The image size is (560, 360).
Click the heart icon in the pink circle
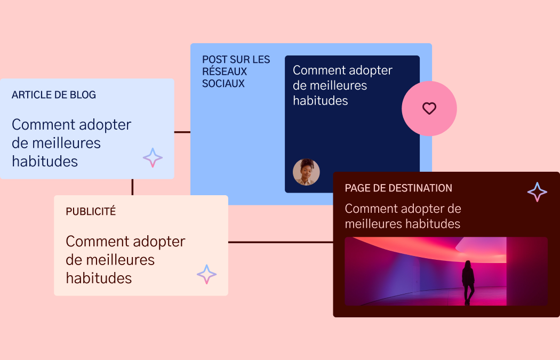[x=429, y=108]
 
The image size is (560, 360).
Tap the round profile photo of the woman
[x=306, y=172]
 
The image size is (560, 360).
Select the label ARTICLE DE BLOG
[x=54, y=95]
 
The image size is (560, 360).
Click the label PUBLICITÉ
[x=91, y=211]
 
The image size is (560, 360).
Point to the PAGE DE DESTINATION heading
[x=398, y=188]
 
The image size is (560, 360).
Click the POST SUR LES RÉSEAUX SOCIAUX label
[x=236, y=71]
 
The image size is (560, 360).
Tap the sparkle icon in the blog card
[x=153, y=158]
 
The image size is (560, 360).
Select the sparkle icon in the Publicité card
[x=206, y=274]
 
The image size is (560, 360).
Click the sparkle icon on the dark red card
[x=537, y=192]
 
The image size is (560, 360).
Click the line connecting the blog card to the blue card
[x=182, y=132]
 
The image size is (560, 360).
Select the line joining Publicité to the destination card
[x=281, y=242]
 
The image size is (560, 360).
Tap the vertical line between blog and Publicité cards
[x=132, y=187]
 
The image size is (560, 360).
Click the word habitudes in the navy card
[x=320, y=101]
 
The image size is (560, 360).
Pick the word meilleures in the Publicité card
[x=121, y=260]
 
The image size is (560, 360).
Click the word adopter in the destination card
[x=421, y=209]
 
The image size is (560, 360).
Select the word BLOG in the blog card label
[x=83, y=95]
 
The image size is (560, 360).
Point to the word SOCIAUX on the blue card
[x=223, y=84]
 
